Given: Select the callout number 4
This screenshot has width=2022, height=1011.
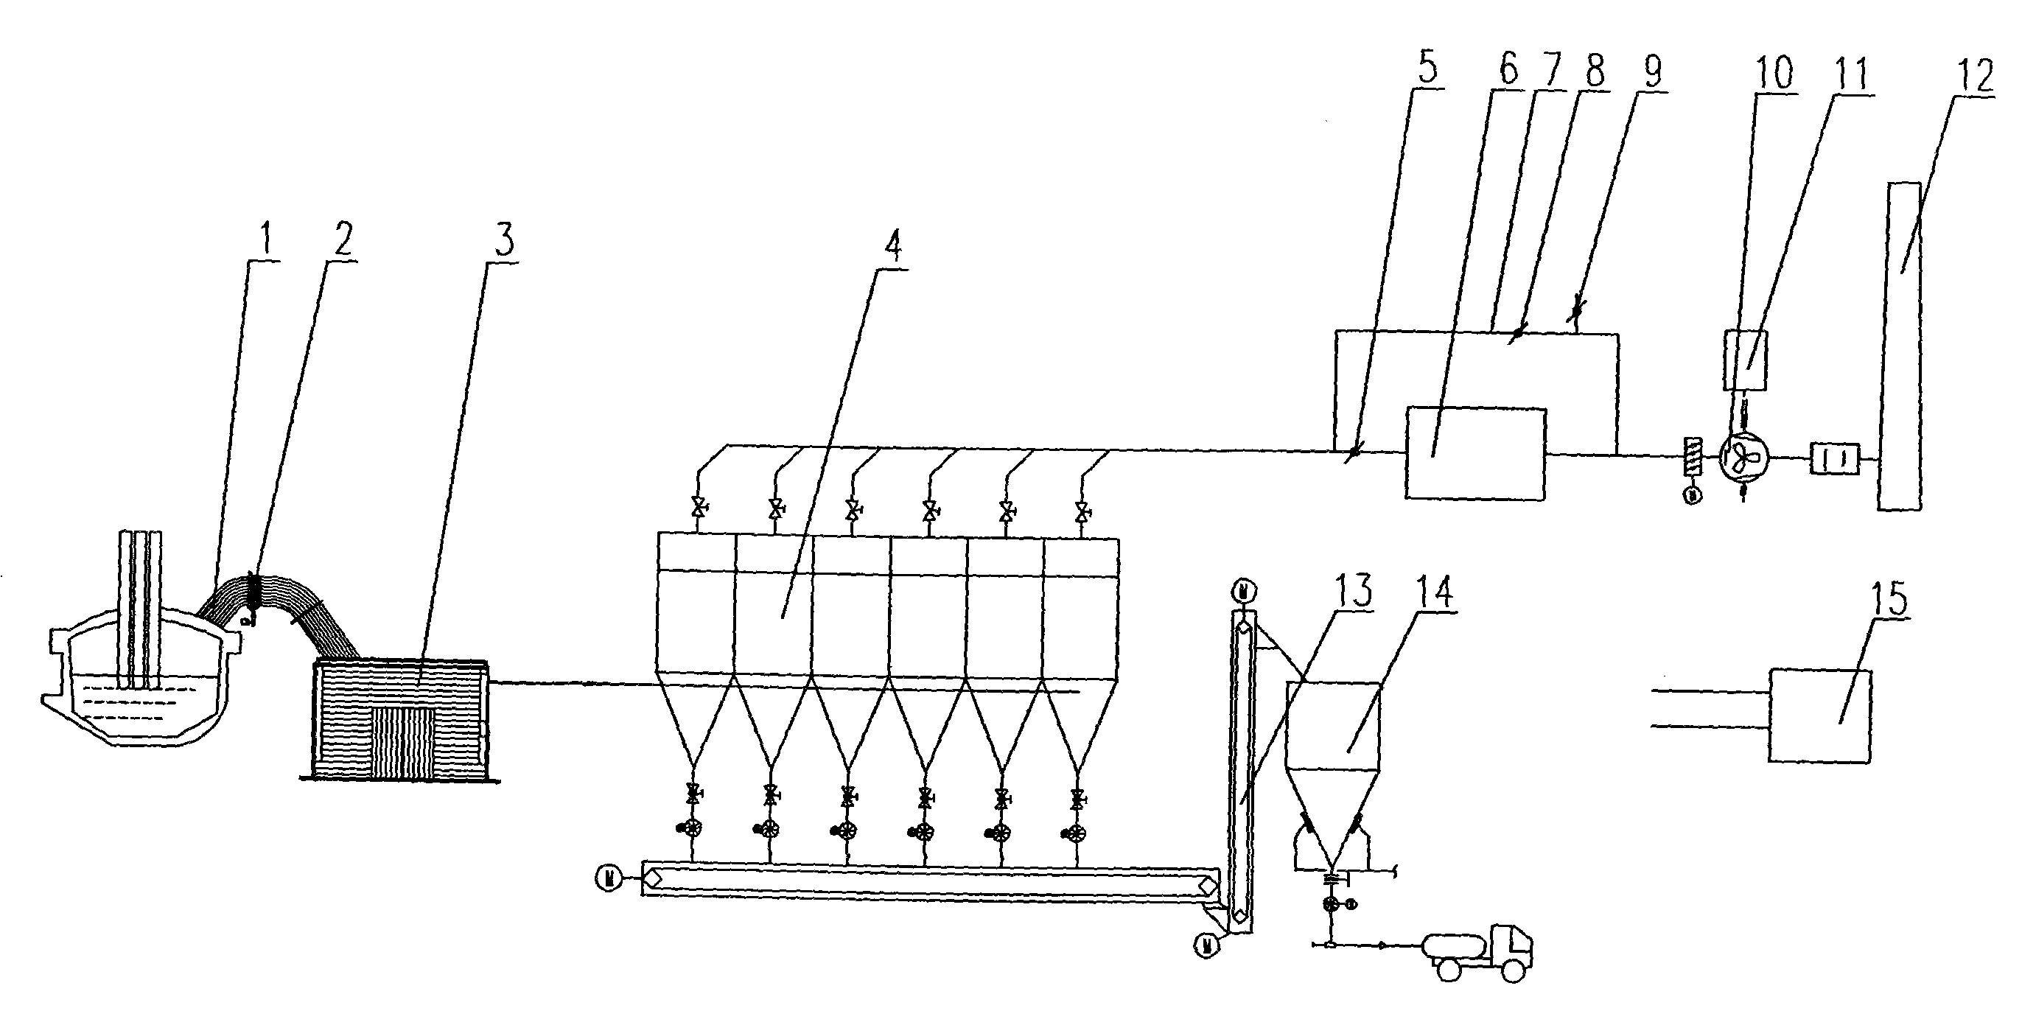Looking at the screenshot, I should tap(892, 245).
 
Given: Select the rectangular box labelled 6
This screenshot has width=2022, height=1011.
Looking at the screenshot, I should tap(1475, 454).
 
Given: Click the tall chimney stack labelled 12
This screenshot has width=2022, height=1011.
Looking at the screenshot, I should tap(1900, 346).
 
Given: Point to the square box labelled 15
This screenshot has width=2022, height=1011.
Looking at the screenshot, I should tap(1819, 714).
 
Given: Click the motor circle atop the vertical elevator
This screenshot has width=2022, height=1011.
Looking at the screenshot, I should tap(1242, 590).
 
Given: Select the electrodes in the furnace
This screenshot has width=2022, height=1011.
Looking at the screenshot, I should tap(141, 604).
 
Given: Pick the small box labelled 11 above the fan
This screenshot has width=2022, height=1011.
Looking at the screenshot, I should tap(1745, 360).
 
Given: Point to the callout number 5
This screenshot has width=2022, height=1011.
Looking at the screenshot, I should tap(1427, 69).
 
